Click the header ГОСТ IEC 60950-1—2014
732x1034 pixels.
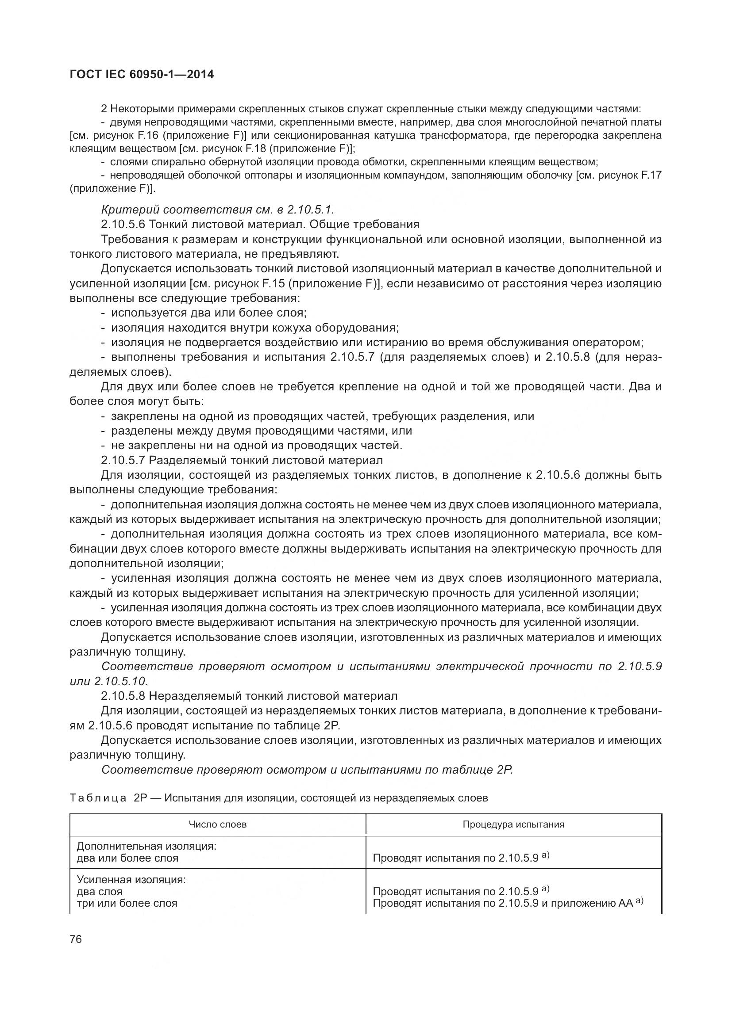coord(142,75)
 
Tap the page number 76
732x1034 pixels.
coord(76,939)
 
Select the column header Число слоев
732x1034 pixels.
coord(217,824)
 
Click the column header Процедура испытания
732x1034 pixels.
coord(513,824)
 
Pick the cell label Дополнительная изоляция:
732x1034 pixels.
coord(146,846)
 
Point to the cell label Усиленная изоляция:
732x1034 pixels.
coord(131,880)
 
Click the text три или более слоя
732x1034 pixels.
coord(127,903)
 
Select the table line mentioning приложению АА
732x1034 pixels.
coord(508,903)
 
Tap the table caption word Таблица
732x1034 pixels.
coord(98,798)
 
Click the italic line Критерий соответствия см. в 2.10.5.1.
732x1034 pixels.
coord(218,210)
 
